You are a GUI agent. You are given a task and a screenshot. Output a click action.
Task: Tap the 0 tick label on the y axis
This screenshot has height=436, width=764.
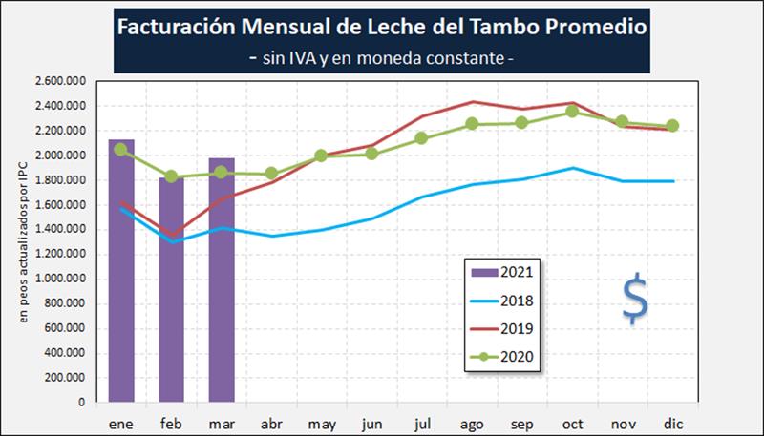pos(84,403)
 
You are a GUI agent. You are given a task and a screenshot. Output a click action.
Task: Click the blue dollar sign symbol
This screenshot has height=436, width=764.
pos(634,298)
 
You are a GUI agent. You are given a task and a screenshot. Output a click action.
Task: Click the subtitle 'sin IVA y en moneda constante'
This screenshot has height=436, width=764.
pos(381,58)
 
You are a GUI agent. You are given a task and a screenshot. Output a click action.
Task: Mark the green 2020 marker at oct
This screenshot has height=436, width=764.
pos(571,112)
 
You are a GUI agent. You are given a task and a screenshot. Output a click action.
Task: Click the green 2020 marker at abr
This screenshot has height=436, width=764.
pos(271,174)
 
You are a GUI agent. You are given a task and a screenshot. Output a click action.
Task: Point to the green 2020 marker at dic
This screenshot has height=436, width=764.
pos(671,126)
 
